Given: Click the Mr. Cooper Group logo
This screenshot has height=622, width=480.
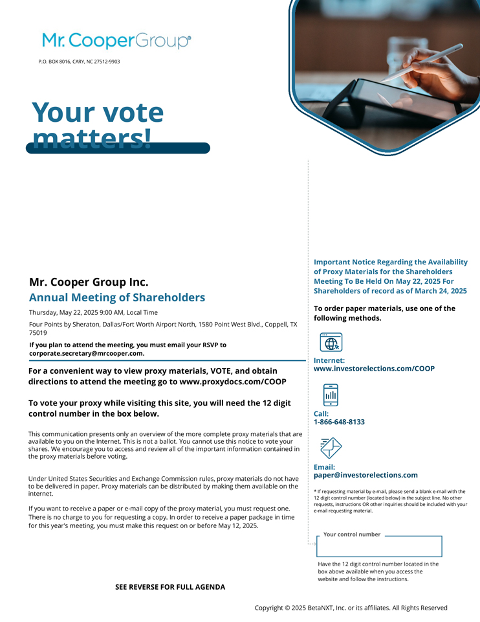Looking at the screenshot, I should click(116, 41).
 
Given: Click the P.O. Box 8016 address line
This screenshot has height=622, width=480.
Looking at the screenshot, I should click(79, 62).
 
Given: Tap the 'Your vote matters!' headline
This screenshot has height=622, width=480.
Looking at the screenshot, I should click(98, 124).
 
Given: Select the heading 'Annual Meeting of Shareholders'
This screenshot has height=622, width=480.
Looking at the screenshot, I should click(117, 298).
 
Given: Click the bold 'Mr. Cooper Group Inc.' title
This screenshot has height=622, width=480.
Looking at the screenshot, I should click(89, 282).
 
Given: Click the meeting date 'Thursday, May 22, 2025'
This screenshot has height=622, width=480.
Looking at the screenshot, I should click(69, 312).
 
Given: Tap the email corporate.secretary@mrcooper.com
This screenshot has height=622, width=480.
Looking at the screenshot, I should click(87, 354).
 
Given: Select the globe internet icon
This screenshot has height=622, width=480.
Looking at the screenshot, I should click(331, 342).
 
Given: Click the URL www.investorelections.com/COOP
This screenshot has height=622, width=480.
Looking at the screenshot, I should click(374, 369).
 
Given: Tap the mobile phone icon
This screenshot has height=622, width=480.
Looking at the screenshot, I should click(331, 395).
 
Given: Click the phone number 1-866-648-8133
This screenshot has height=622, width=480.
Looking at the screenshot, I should click(339, 422).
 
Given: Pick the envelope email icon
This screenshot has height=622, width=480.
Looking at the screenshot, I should click(331, 448).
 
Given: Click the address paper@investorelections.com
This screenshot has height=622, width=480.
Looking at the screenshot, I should click(365, 475).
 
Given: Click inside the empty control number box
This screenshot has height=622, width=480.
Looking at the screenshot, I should click(379, 547).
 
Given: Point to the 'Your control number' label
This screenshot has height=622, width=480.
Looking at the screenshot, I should click(352, 535).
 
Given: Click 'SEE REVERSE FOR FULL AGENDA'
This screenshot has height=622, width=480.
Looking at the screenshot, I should click(170, 587).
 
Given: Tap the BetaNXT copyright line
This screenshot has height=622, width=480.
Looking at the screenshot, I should click(351, 608).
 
